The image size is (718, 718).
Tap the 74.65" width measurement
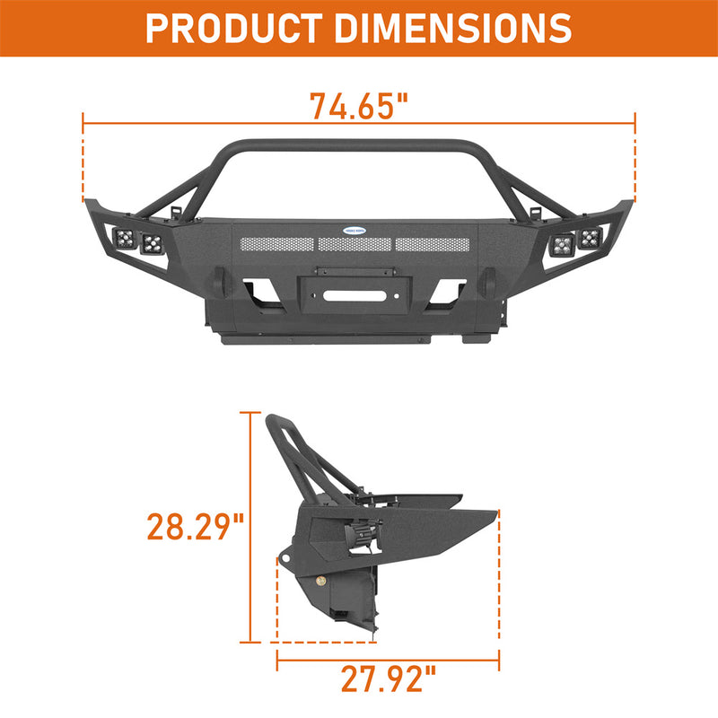[x=359, y=106]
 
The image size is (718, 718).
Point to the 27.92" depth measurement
[x=388, y=680]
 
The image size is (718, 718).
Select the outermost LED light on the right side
[x=590, y=238]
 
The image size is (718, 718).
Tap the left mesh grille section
[x=275, y=244]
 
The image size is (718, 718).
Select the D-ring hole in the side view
[x=285, y=562]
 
